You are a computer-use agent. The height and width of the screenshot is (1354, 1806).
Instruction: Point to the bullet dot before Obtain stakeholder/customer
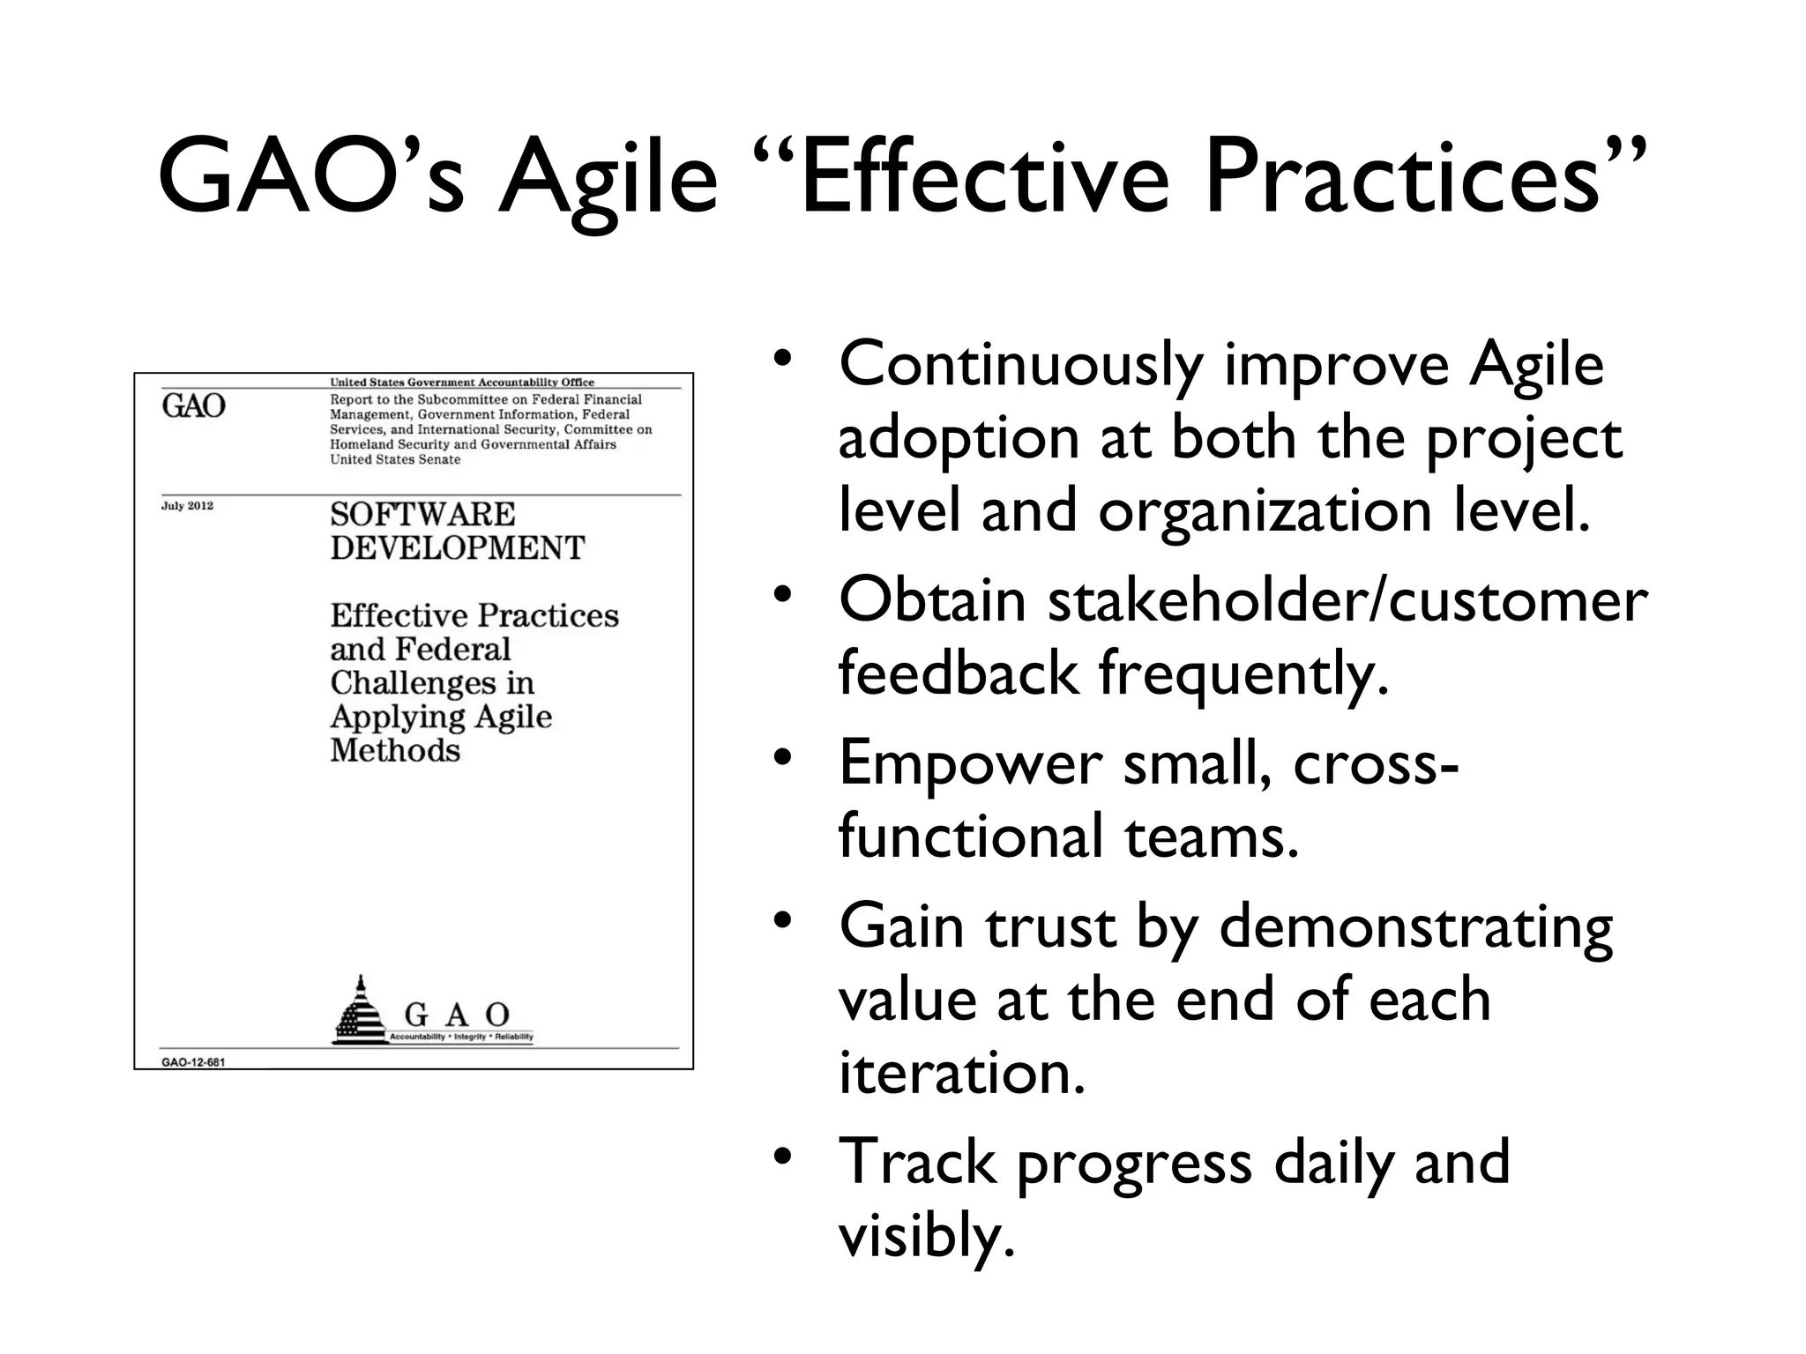pos(781,596)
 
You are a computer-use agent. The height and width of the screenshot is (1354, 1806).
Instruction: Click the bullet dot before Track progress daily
pos(781,1156)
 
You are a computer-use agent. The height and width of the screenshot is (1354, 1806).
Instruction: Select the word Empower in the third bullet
pos(970,763)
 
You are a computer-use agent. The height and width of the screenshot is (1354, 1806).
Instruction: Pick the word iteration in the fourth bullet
pos(960,1074)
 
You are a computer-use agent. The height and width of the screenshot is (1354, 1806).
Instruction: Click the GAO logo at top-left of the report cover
pos(194,406)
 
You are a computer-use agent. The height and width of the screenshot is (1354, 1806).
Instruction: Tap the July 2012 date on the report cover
pos(187,506)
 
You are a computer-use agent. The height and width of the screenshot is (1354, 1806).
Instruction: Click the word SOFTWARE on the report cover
pos(422,514)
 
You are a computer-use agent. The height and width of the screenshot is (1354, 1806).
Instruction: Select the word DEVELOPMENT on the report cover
pos(457,548)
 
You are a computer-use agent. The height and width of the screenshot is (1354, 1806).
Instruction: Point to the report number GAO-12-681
pos(193,1062)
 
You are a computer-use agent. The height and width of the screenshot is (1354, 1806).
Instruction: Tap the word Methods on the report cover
pos(395,751)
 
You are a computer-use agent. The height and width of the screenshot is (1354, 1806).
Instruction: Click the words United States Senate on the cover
pos(395,459)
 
